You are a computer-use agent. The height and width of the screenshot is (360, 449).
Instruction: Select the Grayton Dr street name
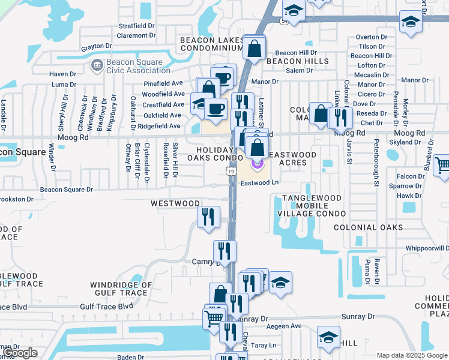point(97,46)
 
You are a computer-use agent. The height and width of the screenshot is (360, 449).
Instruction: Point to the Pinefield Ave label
point(162,83)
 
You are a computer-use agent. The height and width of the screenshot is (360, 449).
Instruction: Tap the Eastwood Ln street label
point(261,182)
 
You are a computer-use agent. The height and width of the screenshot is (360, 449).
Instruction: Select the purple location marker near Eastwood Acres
point(257,161)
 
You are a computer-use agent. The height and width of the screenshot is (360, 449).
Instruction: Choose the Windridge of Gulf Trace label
point(118,289)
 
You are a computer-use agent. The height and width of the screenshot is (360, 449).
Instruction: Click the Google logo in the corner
point(20,353)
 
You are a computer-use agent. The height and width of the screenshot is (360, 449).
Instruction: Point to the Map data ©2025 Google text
point(411,355)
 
